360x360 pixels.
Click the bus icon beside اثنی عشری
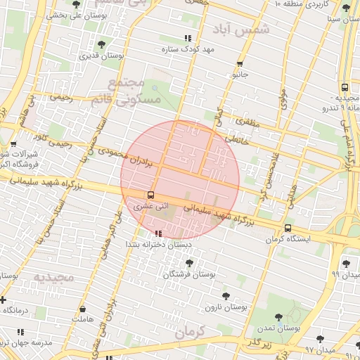(x=150, y=195)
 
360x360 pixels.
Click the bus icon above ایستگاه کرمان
(x=288, y=228)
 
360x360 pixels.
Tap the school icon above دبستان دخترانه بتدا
(x=157, y=233)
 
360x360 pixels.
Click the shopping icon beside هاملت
(x=84, y=308)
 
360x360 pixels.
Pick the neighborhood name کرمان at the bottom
(x=190, y=330)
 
